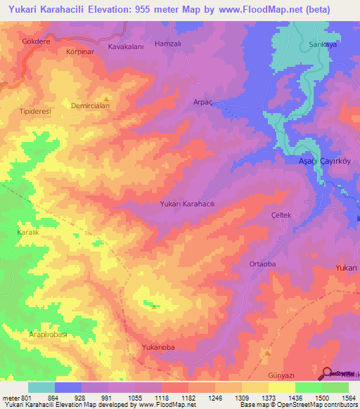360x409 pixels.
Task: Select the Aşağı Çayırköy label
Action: point(326,161)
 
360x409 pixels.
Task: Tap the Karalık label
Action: point(29,231)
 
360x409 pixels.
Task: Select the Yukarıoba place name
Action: point(158,347)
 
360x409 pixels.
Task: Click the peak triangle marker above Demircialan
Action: point(106,98)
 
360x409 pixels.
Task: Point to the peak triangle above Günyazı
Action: point(267,353)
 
